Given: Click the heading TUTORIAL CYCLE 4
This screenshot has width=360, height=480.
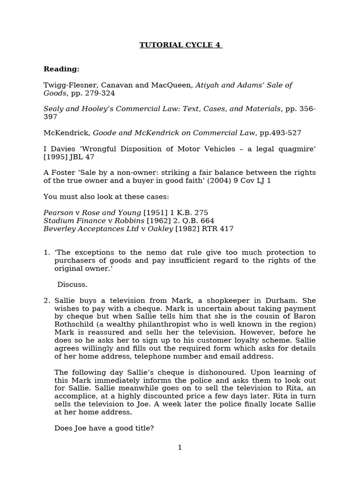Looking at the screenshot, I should pyautogui.click(x=180, y=45).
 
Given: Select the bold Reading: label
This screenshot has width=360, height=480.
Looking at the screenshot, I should pyautogui.click(x=61, y=69).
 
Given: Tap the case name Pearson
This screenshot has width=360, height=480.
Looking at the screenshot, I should pyautogui.click(x=59, y=212).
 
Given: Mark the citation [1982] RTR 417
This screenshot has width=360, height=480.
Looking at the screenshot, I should pyautogui.click(x=204, y=229).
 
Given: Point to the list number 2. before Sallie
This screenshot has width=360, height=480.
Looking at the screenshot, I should pyautogui.click(x=46, y=300).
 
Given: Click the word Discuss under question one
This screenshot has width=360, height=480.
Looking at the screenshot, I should pyautogui.click(x=72, y=284).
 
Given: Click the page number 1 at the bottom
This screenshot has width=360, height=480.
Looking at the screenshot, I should pyautogui.click(x=180, y=447).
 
